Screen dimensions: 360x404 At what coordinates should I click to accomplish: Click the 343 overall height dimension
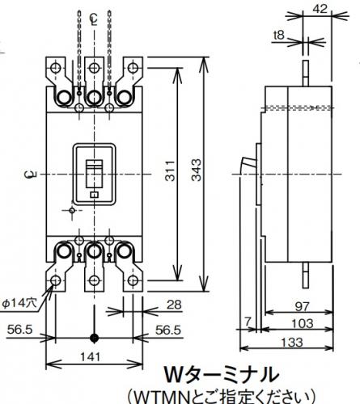click(197, 170)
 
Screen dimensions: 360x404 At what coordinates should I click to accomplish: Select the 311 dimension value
click(170, 170)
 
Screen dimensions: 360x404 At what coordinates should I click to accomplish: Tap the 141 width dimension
click(91, 357)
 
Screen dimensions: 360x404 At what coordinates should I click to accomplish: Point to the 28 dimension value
click(174, 305)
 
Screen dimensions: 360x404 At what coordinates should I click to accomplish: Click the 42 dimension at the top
click(320, 9)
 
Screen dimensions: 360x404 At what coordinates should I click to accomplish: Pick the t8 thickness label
click(279, 35)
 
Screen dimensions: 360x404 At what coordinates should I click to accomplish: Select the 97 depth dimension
click(303, 307)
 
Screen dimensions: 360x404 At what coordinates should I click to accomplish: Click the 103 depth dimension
click(303, 323)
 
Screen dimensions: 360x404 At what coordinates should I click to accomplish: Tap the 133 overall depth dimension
click(292, 343)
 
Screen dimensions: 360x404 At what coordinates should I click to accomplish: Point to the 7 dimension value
click(248, 321)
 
